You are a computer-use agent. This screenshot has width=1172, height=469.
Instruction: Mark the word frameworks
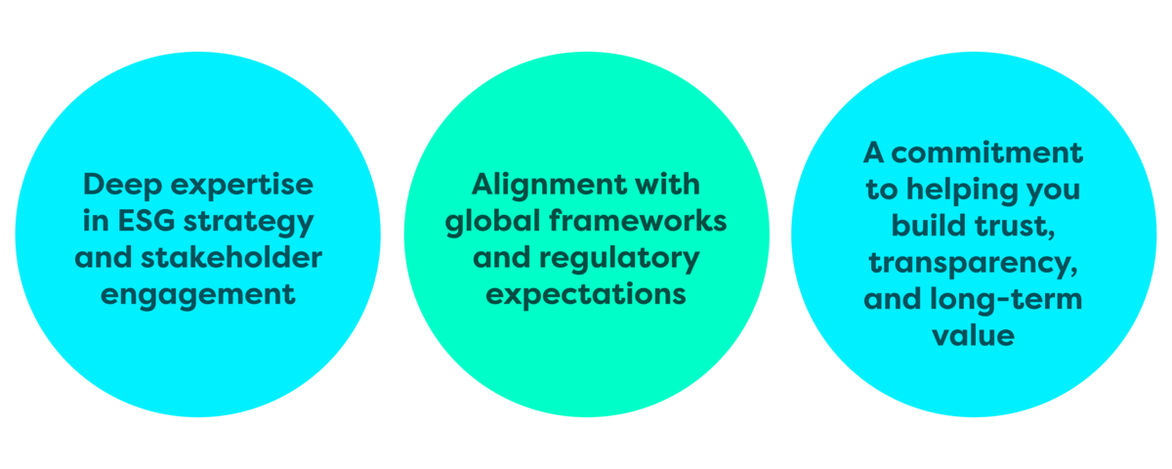click(632, 221)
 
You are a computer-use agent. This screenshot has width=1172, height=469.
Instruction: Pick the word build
click(923, 226)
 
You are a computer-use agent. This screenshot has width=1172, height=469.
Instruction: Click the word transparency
click(974, 264)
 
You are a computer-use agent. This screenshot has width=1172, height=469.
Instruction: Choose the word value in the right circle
click(974, 335)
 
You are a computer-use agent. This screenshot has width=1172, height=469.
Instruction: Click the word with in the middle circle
click(673, 185)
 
